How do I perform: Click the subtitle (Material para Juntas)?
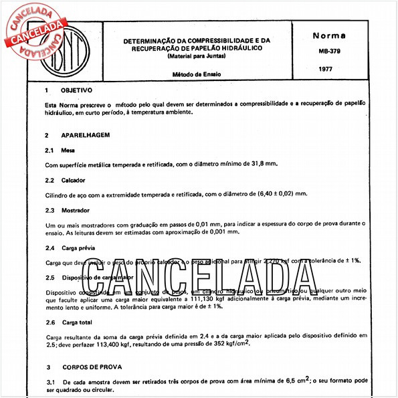(x=192, y=57)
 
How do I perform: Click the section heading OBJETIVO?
(x=76, y=90)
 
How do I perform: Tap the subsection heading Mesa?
(x=68, y=150)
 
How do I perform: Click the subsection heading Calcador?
(x=74, y=180)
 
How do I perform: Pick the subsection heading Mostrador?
(x=76, y=211)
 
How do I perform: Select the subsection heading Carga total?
(x=78, y=322)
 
